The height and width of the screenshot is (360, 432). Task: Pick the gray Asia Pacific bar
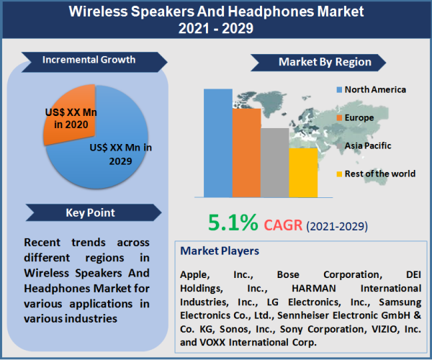click(274, 162)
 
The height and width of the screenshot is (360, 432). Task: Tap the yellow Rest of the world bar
click(302, 172)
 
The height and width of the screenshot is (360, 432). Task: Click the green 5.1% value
click(233, 224)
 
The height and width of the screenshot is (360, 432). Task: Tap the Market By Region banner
click(323, 62)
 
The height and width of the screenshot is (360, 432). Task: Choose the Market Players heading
click(220, 251)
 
